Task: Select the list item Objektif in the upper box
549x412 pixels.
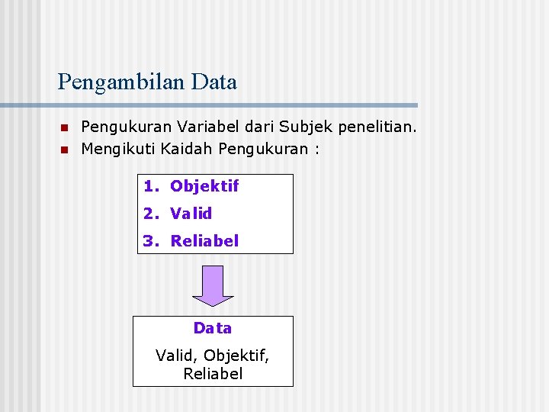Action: [204, 186]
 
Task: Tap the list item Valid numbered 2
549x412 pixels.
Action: [191, 214]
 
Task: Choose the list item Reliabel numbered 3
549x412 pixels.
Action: [204, 241]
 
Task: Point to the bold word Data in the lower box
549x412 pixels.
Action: [213, 328]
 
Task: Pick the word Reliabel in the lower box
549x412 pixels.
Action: [213, 374]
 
